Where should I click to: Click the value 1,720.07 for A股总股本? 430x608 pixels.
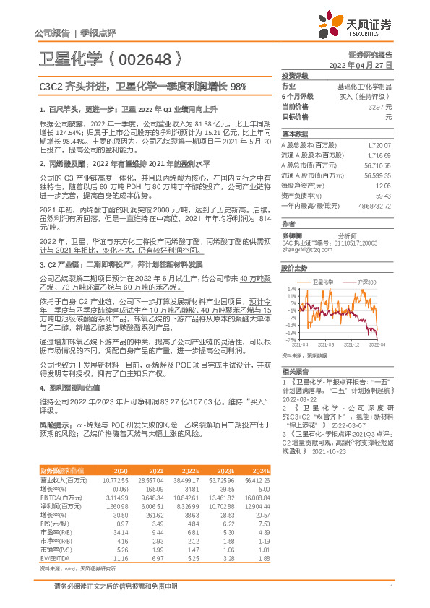(379, 145)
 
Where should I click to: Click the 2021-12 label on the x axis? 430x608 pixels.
(352, 346)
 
